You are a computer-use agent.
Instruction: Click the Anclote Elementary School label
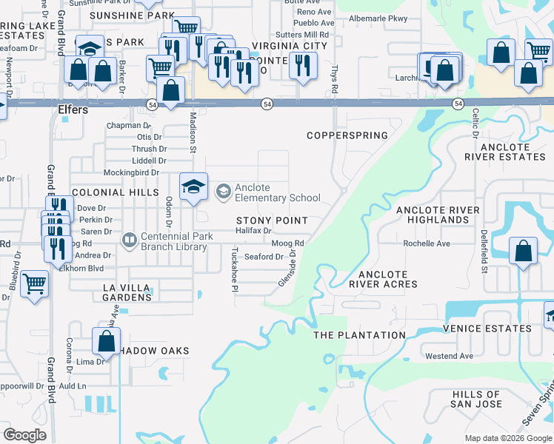277,192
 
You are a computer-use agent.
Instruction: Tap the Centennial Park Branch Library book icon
130,240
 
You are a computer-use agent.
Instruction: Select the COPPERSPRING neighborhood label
347,135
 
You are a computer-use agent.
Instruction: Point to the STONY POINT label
272,221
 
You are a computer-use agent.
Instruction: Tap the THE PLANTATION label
359,335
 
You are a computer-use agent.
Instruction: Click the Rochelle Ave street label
426,243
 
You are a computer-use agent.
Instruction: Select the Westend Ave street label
449,356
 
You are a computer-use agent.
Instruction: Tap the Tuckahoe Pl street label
234,269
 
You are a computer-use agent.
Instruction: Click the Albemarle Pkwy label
378,18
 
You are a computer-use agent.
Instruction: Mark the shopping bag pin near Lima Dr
106,341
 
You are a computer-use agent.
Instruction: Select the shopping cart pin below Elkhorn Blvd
34,283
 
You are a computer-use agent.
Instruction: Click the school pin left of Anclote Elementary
193,185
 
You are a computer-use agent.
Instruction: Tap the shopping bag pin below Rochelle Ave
523,249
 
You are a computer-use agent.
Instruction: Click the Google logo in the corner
24,435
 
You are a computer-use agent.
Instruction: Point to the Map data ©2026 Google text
508,438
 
